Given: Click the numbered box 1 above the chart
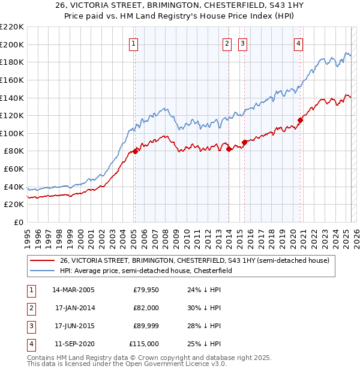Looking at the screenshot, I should [x=133, y=43].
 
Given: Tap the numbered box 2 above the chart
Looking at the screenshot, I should [x=227, y=43].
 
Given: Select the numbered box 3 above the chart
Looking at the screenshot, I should [x=242, y=43].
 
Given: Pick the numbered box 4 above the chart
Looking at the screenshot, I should [x=298, y=43].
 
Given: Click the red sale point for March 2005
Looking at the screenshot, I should [x=135, y=151].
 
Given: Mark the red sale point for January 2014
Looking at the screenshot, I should [x=229, y=149].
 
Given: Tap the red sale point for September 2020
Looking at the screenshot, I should [x=301, y=120].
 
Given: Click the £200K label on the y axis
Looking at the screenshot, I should [x=13, y=44].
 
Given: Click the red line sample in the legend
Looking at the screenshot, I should [x=43, y=261].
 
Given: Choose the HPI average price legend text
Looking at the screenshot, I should [x=150, y=271].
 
